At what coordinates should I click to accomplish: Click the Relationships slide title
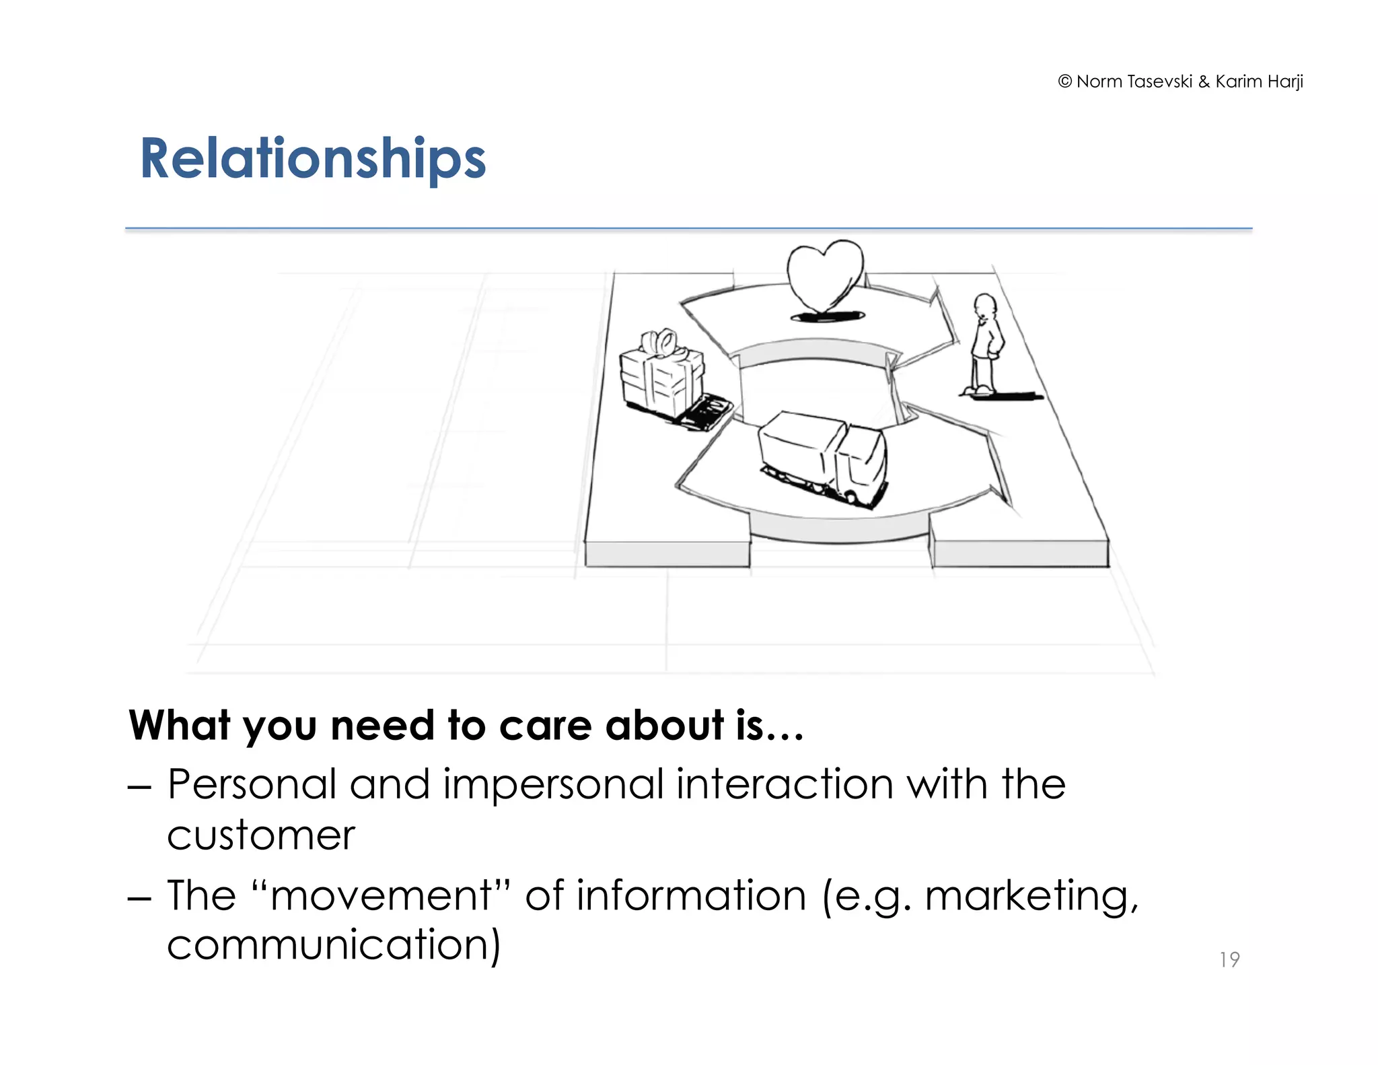(x=312, y=159)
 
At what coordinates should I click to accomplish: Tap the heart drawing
(x=825, y=275)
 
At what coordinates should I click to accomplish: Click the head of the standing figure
(x=985, y=306)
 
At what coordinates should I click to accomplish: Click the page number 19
(x=1229, y=959)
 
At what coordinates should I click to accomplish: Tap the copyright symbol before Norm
(x=1064, y=81)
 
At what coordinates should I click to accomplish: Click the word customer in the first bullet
(x=260, y=836)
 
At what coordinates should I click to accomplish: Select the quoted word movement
(x=380, y=896)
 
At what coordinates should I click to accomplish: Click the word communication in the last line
(x=333, y=945)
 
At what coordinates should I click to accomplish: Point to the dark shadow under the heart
(x=827, y=316)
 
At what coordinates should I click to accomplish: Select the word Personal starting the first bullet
(x=252, y=785)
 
